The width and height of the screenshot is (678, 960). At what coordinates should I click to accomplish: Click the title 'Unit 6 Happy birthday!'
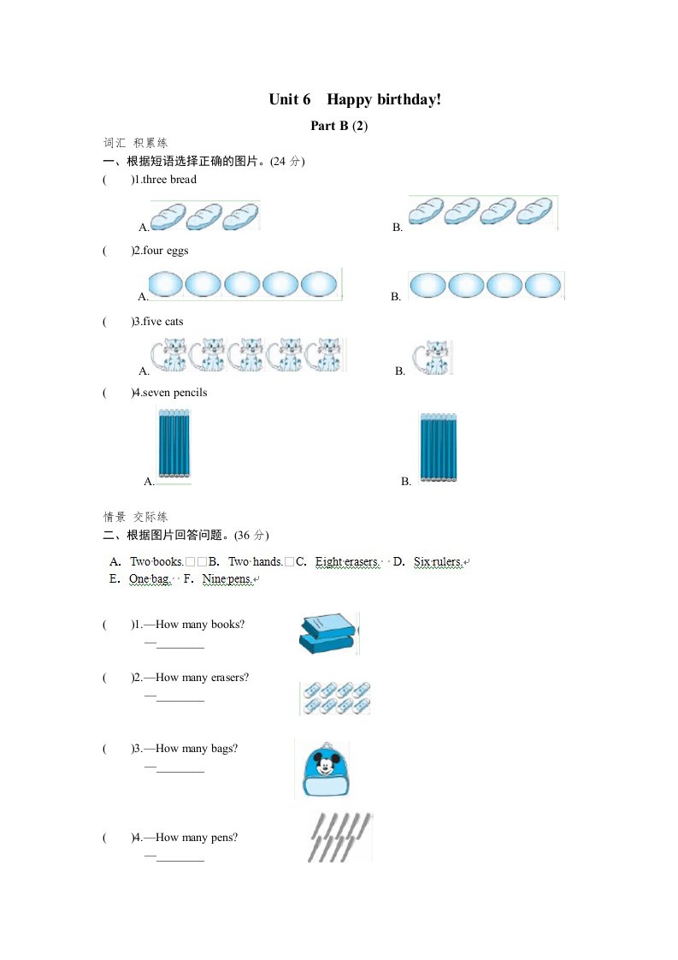click(355, 100)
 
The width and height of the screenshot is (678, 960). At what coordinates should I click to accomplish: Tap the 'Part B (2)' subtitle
click(339, 126)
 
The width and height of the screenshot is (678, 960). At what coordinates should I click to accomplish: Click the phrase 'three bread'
click(169, 180)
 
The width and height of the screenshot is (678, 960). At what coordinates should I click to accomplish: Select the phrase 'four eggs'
click(166, 251)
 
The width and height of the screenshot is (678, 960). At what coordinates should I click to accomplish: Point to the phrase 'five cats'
click(163, 322)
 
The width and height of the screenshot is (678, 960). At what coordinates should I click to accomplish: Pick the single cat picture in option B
click(432, 357)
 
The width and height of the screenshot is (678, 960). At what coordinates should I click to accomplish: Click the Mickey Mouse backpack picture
click(321, 769)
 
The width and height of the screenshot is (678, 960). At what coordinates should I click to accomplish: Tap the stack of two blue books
click(327, 634)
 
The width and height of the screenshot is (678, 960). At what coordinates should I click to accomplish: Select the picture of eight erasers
click(335, 697)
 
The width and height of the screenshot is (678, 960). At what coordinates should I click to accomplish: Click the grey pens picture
click(339, 837)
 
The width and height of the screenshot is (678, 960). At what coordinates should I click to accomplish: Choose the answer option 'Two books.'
click(156, 562)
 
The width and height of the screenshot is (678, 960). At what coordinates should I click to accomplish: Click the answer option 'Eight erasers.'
click(346, 562)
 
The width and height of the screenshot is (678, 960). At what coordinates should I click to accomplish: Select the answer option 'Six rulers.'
click(438, 562)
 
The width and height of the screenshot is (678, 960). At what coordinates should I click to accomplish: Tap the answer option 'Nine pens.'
click(227, 579)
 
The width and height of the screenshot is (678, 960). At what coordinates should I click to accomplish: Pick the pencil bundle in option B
click(438, 448)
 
